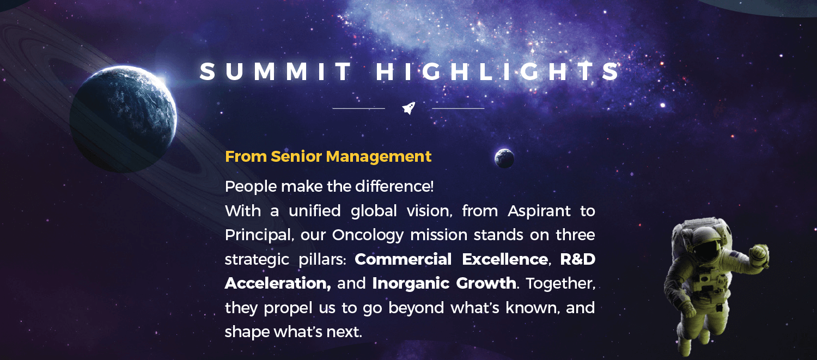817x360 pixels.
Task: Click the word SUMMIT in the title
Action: (276, 71)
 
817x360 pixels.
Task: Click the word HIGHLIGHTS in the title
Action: (497, 71)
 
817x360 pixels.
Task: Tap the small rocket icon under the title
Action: (408, 108)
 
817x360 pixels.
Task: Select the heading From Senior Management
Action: (328, 156)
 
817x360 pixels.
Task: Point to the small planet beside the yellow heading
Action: (504, 158)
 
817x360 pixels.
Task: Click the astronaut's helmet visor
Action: (706, 249)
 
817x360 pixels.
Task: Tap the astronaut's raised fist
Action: (759, 253)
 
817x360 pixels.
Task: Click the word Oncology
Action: (367, 235)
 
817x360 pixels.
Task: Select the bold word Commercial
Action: (403, 259)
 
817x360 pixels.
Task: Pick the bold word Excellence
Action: (505, 259)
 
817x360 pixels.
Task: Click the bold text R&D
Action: (578, 259)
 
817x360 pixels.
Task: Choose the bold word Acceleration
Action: (278, 283)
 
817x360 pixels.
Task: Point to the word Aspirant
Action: (539, 211)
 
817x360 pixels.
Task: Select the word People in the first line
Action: (251, 187)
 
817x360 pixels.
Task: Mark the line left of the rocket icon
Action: (359, 108)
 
